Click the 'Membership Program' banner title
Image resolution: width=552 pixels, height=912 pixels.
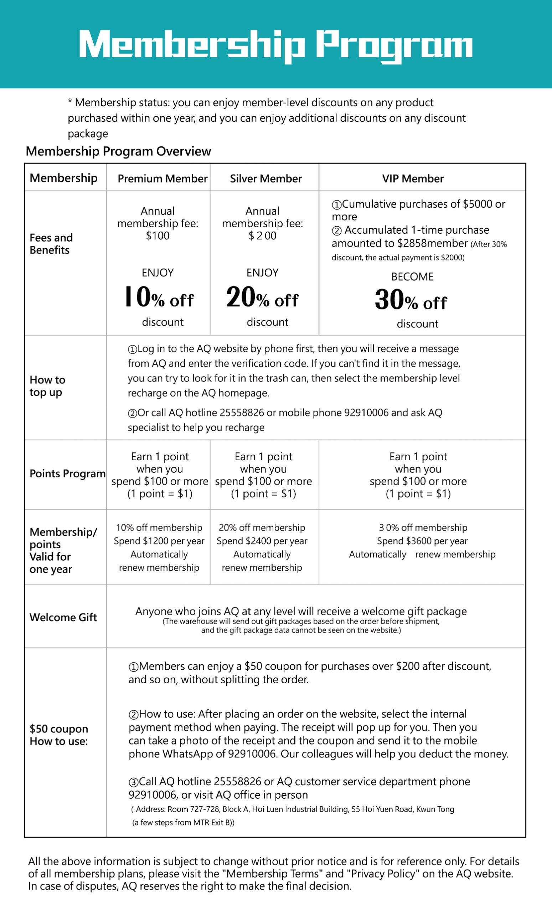point(276,45)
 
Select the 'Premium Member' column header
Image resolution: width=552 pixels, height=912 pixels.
point(162,179)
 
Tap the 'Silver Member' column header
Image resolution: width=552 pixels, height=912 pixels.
point(266,179)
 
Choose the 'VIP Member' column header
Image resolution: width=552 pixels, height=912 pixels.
point(413,179)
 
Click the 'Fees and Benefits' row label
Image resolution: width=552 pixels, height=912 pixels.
point(51,244)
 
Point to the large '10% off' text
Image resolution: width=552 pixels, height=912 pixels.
point(159,297)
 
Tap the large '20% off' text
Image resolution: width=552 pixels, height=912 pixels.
point(262,297)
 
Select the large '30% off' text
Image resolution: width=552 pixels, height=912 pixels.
point(411,300)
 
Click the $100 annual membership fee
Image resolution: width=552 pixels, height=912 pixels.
point(158,236)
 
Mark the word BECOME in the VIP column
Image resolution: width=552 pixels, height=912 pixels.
point(412,277)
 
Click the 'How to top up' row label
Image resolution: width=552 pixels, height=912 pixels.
point(47,386)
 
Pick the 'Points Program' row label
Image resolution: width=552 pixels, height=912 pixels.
point(67,474)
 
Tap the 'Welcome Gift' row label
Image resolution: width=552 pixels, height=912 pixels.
point(63,617)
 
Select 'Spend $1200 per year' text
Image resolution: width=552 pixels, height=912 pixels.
point(159,541)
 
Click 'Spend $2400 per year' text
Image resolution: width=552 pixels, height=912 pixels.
point(262,541)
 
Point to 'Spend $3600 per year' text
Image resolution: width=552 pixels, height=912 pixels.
point(422,541)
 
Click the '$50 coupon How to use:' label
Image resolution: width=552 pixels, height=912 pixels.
point(58,735)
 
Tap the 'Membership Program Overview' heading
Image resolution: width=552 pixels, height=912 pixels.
point(118,151)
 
